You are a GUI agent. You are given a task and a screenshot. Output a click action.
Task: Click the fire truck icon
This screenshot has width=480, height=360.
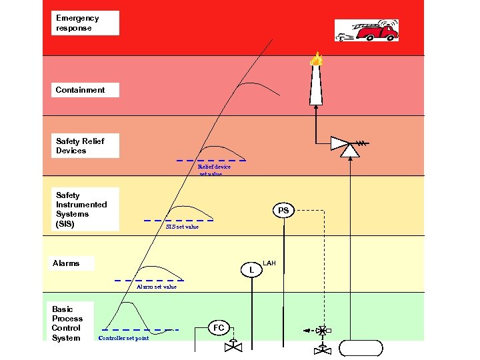(367, 30)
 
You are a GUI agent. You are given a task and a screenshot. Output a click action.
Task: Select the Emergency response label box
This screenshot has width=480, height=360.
(86, 23)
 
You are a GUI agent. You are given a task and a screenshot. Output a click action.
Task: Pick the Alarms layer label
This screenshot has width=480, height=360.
(72, 263)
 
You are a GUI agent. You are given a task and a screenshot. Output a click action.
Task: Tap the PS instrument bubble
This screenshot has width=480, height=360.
(283, 211)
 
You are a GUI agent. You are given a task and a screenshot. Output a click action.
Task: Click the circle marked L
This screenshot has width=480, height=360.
(251, 270)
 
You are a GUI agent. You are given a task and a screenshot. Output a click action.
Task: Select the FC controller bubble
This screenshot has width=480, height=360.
(219, 328)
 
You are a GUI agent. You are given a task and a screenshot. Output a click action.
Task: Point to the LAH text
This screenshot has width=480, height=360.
(269, 263)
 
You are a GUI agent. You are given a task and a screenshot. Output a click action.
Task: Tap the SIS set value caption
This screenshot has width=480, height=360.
(182, 227)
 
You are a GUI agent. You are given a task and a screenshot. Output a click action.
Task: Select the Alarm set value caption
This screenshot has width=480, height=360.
(157, 287)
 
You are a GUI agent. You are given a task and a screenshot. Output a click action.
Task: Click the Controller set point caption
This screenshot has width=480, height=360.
(123, 338)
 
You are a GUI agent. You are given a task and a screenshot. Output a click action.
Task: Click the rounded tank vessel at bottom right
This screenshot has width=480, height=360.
(361, 348)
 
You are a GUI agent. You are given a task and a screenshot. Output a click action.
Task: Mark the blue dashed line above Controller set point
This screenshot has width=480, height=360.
(140, 329)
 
